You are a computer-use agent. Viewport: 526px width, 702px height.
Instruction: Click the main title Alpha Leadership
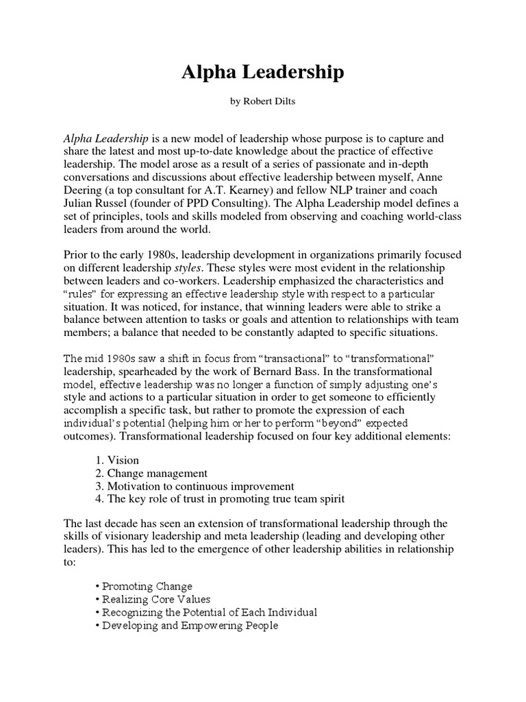tap(263, 74)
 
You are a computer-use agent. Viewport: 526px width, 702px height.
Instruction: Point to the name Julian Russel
tap(95, 203)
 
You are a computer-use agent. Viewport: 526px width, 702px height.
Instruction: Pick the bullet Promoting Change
tap(145, 586)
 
